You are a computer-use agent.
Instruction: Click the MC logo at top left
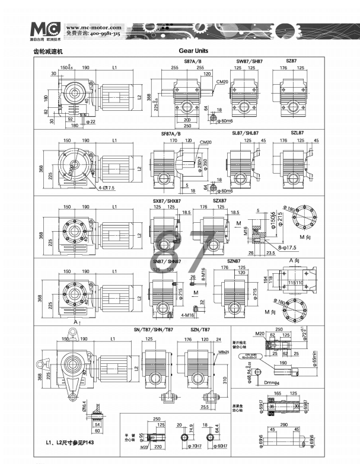coord(44,29)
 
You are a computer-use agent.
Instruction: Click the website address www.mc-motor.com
coord(93,27)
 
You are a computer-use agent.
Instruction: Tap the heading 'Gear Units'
coord(193,52)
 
